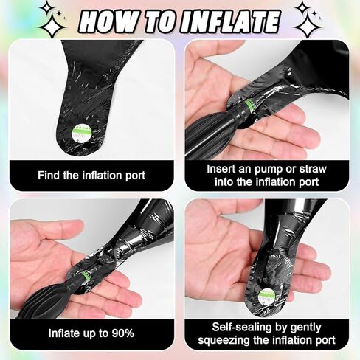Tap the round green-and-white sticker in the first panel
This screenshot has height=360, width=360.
tap(83, 133)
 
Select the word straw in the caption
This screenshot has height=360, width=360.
tap(313, 169)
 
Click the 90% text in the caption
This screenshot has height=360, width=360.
tap(123, 333)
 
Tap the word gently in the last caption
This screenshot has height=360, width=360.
tap(305, 328)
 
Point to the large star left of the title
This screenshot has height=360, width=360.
tap(52, 27)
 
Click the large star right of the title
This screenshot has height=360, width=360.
tap(308, 26)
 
